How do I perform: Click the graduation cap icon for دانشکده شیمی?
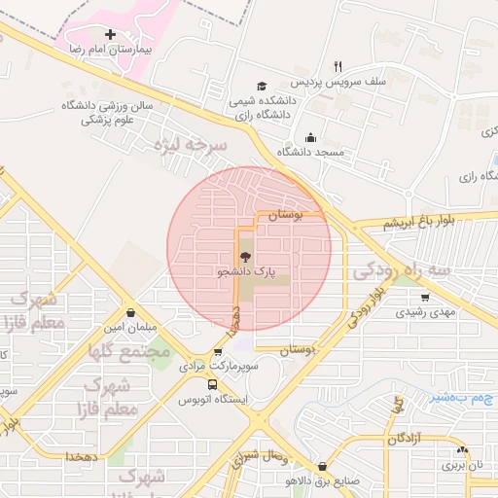260,86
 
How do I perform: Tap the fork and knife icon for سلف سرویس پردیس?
338,66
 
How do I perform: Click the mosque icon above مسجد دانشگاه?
310,137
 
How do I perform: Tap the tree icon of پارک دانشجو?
243,258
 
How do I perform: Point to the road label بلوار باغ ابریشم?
391,224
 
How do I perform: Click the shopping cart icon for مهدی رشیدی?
425,297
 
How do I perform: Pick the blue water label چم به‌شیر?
462,397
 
